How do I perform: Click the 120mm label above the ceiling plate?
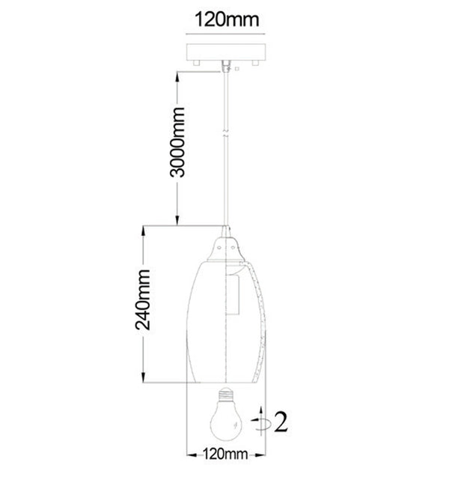click(x=227, y=19)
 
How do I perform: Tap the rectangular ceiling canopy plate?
click(x=226, y=52)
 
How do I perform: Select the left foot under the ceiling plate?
click(x=196, y=63)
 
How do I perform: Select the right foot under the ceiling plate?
click(x=255, y=63)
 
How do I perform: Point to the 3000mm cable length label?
click(x=177, y=142)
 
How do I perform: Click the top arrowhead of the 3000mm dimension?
click(x=177, y=77)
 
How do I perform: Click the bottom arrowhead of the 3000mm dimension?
click(x=177, y=220)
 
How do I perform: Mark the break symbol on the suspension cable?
click(x=225, y=134)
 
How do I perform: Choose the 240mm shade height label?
click(x=143, y=300)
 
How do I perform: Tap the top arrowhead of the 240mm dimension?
click(x=143, y=231)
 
